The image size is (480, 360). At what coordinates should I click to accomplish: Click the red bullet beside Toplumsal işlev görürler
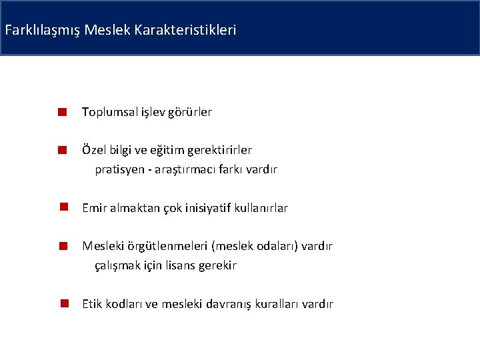tap(61, 113)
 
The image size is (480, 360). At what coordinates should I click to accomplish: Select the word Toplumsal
tap(109, 112)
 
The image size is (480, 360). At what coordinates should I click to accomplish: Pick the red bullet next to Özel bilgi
tap(61, 151)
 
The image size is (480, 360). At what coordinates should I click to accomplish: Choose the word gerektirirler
tap(227, 150)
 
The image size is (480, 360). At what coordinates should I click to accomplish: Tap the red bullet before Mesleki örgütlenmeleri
tap(61, 247)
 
